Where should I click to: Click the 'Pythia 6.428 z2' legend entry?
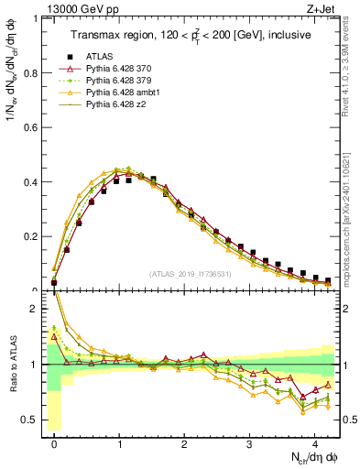[118, 104]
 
